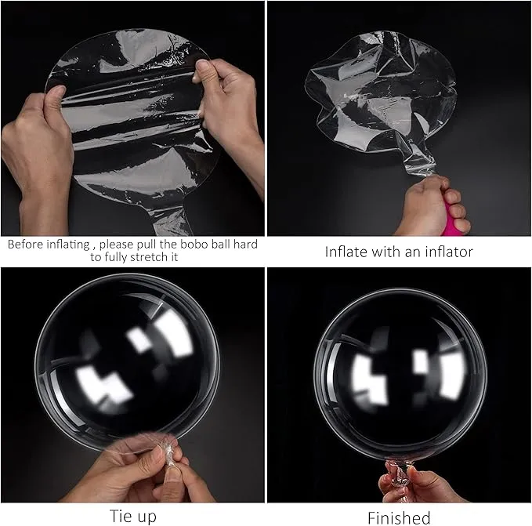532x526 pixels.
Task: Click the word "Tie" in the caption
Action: point(119,516)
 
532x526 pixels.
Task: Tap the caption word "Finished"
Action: point(399,518)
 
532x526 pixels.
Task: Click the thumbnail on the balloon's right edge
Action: point(204,64)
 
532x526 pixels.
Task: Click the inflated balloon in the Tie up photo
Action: point(127,361)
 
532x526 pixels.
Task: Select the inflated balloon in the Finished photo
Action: point(400,373)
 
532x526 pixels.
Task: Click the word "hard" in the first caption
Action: point(245,244)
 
